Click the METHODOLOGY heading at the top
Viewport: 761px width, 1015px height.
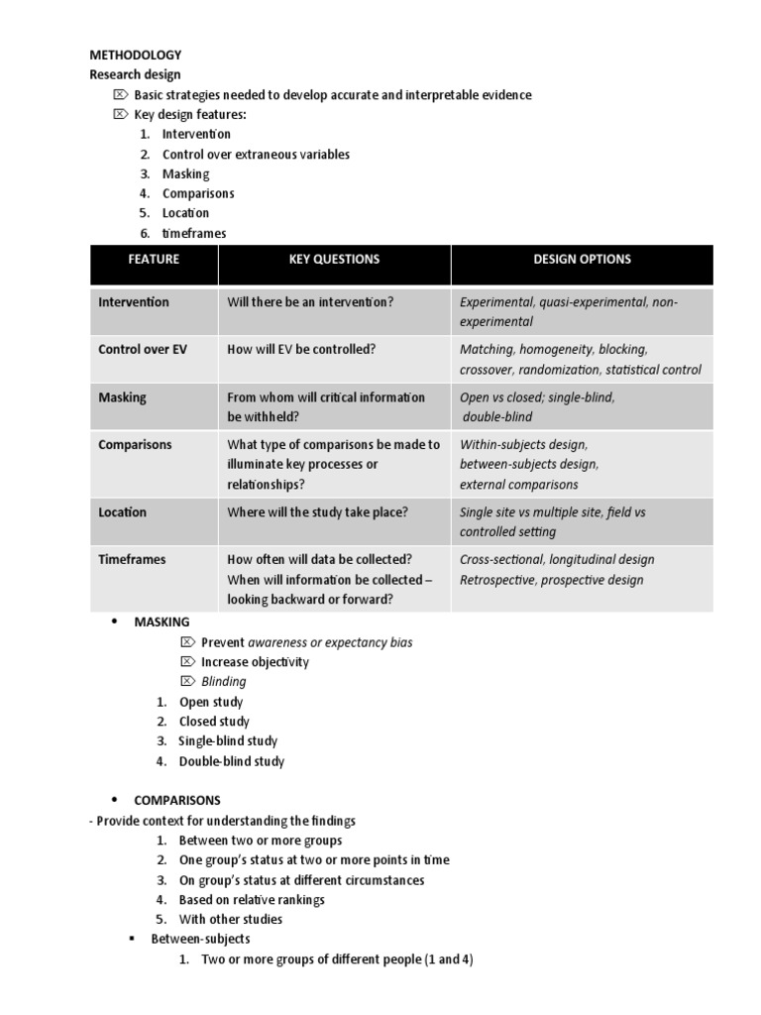(135, 55)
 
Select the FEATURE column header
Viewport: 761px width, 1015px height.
(154, 259)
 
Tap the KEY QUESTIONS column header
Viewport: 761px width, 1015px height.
(334, 259)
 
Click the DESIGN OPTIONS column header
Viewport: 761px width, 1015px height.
(582, 259)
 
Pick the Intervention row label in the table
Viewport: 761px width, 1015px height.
(134, 302)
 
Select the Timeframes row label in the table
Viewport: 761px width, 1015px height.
(132, 559)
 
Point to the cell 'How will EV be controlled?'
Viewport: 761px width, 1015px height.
(301, 349)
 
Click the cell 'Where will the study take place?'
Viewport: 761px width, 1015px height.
(317, 512)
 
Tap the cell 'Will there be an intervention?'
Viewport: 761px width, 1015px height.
(310, 302)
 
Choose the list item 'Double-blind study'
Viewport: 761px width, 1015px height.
(231, 761)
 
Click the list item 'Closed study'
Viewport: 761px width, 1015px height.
(214, 722)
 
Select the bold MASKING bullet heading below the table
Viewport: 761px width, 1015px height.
(162, 621)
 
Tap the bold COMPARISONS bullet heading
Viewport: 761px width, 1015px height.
(177, 800)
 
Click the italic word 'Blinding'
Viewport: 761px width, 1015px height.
(223, 682)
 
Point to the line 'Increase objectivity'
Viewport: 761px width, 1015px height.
(255, 662)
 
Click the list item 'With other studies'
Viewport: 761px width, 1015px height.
(230, 919)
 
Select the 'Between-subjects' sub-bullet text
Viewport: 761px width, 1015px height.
(200, 939)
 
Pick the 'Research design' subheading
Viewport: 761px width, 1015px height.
(135, 74)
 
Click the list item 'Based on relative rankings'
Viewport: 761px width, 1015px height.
(252, 900)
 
